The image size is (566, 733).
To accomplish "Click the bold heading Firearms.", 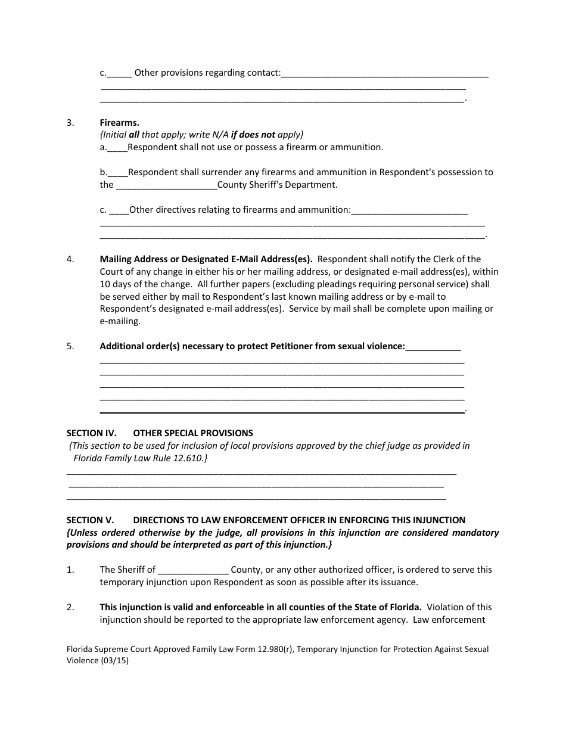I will click(119, 123).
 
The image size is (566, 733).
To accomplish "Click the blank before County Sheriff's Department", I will click(166, 185).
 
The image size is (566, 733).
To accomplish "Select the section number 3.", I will click(70, 123).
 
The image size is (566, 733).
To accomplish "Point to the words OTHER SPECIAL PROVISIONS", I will click(193, 433).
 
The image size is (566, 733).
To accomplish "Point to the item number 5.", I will click(70, 346).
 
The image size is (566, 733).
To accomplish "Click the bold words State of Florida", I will click(387, 607).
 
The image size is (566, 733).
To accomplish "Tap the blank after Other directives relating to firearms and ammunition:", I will click(409, 210).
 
